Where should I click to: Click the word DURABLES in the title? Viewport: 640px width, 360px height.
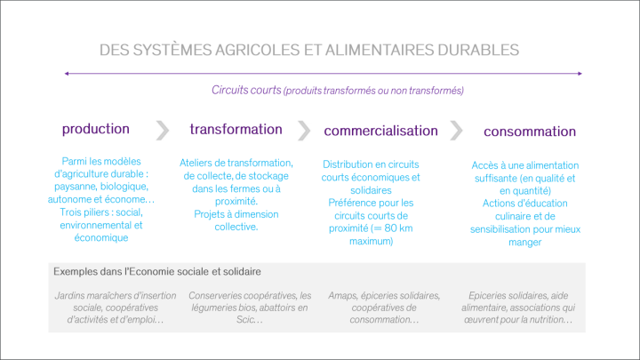point(478,50)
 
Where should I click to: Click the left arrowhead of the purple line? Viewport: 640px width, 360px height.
point(67,74)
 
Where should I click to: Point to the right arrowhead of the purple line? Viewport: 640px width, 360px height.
point(580,74)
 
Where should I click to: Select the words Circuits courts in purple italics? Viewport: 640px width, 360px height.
point(246,90)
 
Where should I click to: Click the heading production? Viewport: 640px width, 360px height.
point(95,129)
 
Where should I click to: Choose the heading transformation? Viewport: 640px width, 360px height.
point(236,130)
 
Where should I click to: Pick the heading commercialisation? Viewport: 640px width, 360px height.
point(380,131)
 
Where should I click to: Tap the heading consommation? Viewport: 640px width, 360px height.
point(530,132)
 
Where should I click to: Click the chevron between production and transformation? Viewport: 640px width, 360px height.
point(163,131)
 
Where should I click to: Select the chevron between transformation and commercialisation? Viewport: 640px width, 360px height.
point(304,131)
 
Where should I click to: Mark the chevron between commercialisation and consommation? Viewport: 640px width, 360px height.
point(456,131)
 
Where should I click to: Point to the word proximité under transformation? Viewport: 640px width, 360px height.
point(236,202)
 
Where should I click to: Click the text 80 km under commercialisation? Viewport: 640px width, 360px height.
point(398,228)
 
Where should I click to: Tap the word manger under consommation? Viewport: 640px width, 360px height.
point(525,243)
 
